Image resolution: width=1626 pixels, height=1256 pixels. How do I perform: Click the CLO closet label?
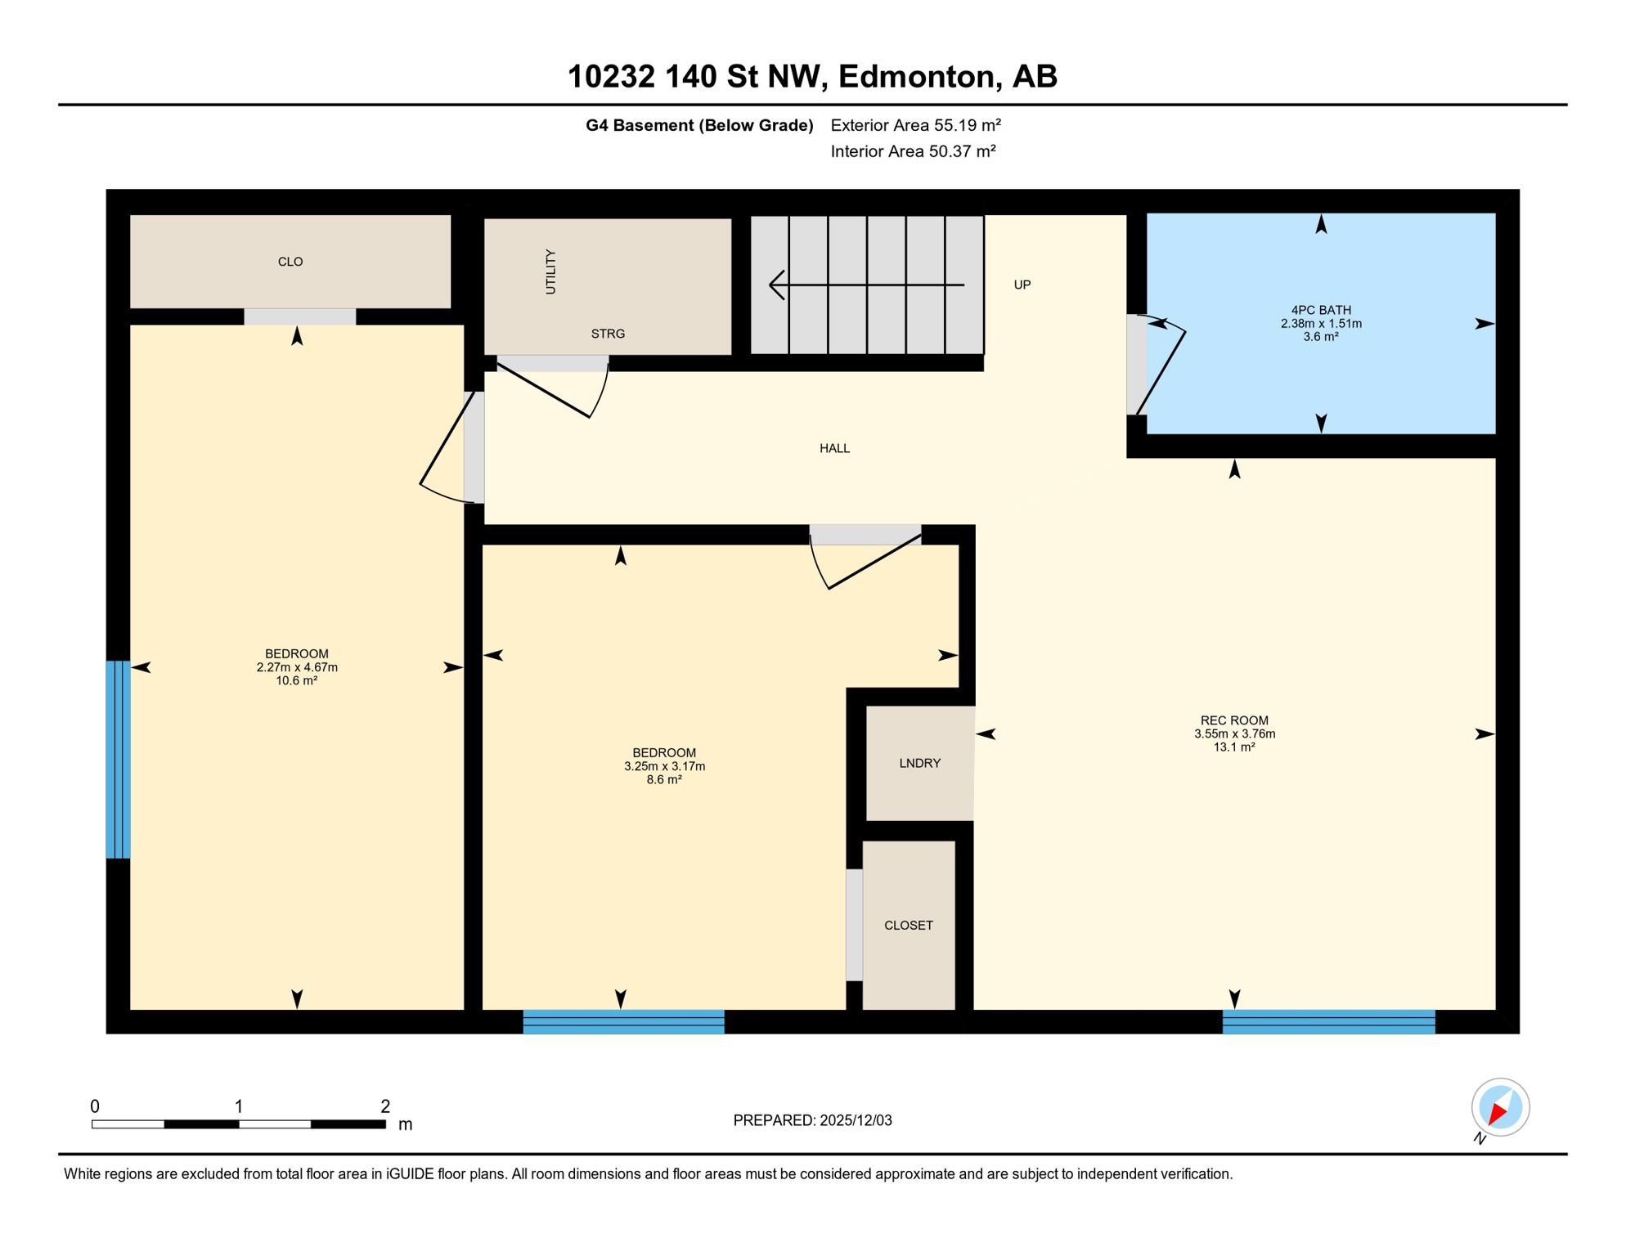[x=290, y=262]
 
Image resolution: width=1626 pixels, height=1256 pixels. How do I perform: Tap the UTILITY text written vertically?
[x=550, y=272]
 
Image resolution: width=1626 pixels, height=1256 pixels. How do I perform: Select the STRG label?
[x=608, y=334]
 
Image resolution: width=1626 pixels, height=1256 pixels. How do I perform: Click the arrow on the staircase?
[x=866, y=285]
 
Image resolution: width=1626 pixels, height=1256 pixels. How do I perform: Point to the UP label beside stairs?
[x=1022, y=285]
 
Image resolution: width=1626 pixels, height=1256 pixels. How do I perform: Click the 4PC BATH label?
[x=1320, y=310]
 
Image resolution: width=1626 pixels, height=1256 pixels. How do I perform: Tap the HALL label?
[x=834, y=448]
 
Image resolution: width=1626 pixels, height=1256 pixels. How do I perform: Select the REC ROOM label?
[x=1233, y=720]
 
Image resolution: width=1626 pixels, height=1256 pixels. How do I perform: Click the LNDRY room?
[x=919, y=763]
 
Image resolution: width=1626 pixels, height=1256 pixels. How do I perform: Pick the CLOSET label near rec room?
[x=908, y=925]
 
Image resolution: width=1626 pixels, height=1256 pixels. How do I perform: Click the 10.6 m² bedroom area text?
[x=296, y=680]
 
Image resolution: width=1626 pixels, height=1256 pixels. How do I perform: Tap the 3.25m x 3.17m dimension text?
[x=664, y=766]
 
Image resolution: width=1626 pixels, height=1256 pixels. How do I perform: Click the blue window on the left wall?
[x=118, y=759]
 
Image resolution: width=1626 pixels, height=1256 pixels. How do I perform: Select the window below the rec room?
[x=1327, y=1021]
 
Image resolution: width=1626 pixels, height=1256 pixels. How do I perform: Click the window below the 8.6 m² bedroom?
[x=623, y=1021]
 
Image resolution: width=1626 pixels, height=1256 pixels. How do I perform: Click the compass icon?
[x=1499, y=1107]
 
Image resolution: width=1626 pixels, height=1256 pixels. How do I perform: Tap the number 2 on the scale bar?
[x=384, y=1106]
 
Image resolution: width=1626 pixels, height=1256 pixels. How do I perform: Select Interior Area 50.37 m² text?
[x=912, y=151]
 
